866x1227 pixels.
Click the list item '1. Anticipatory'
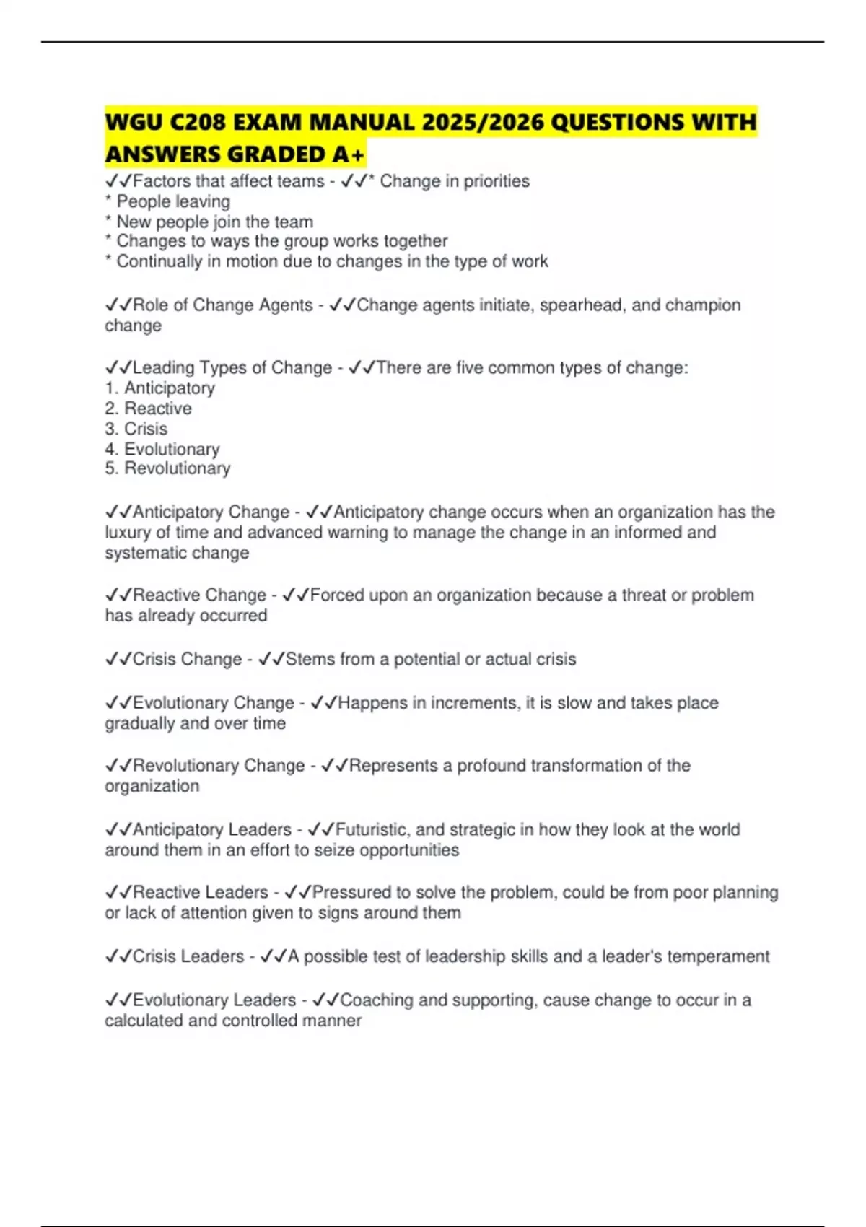[160, 388]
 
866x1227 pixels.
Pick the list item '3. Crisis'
[136, 429]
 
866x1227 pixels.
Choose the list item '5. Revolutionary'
[168, 468]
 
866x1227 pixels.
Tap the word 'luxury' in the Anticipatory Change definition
[128, 533]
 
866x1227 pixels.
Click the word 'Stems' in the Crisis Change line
[310, 660]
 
